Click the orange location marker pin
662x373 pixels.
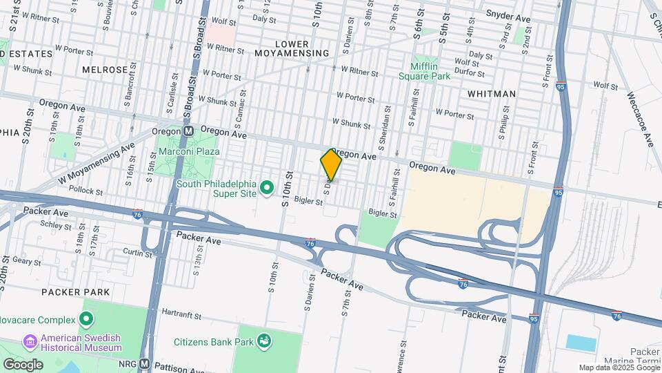331,164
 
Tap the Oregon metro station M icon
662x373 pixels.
188,131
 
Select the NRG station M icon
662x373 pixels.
144,363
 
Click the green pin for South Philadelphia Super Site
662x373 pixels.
268,186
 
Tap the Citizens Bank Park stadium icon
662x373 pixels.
263,341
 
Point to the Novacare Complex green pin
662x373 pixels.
86,319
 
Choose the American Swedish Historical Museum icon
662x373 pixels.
30,341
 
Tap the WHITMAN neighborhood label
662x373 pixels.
491,93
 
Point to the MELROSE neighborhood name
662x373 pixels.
105,70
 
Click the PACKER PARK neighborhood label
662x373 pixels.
75,292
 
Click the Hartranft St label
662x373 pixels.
180,314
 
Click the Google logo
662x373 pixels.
23,364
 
